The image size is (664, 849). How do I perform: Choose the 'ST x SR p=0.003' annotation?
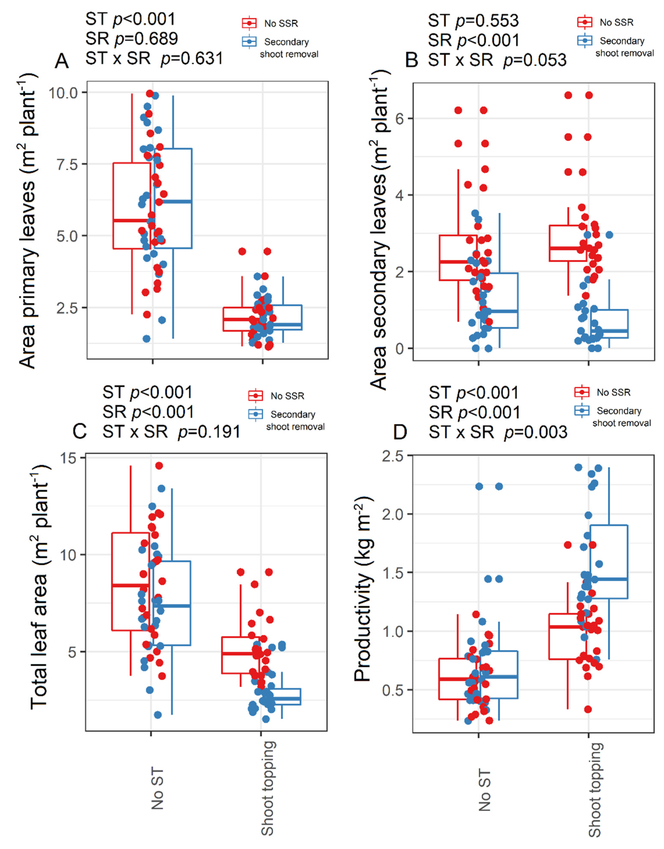point(498,432)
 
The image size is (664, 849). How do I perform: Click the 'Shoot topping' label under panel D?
point(595,789)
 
